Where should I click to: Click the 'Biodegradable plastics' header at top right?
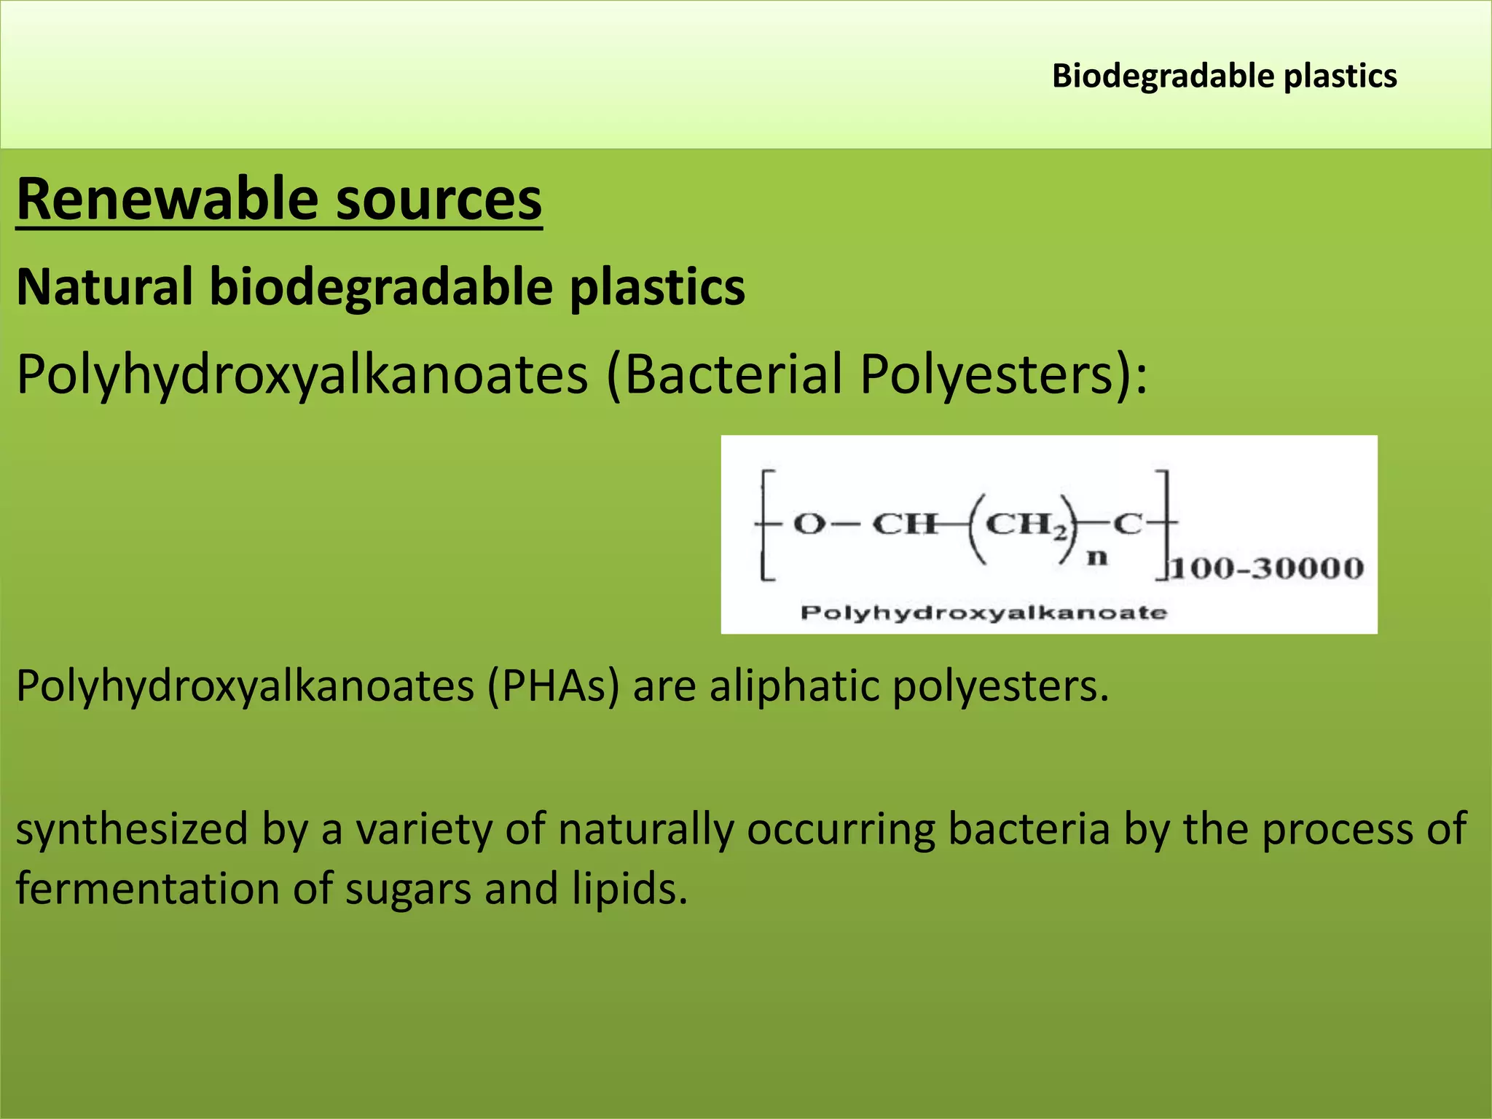tap(1224, 76)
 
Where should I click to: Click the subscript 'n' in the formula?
tap(1097, 558)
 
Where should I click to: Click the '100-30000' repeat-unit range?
tap(1266, 568)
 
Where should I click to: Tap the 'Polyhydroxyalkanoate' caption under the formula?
tap(983, 613)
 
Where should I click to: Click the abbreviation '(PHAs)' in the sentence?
tap(554, 686)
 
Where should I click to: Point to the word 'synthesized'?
tap(132, 830)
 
